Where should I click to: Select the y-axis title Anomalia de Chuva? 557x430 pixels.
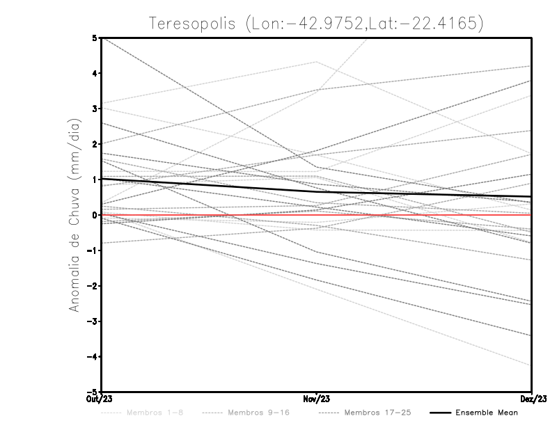pos(74,215)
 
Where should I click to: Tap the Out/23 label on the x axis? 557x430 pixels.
pos(100,398)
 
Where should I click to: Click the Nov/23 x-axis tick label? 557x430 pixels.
pos(317,398)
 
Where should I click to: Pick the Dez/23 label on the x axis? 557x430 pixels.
pos(532,398)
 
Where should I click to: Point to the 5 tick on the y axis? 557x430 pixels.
pos(94,38)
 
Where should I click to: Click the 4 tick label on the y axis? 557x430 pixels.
pos(94,73)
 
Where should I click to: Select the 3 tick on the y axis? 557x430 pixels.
pos(94,109)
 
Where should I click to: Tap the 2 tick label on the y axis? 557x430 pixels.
pos(94,144)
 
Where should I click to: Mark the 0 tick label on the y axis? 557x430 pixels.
pos(94,215)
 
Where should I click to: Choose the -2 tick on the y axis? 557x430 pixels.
pos(92,286)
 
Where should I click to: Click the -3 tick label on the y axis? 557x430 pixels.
pos(92,321)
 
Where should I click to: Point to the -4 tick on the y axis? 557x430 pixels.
pos(92,357)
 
